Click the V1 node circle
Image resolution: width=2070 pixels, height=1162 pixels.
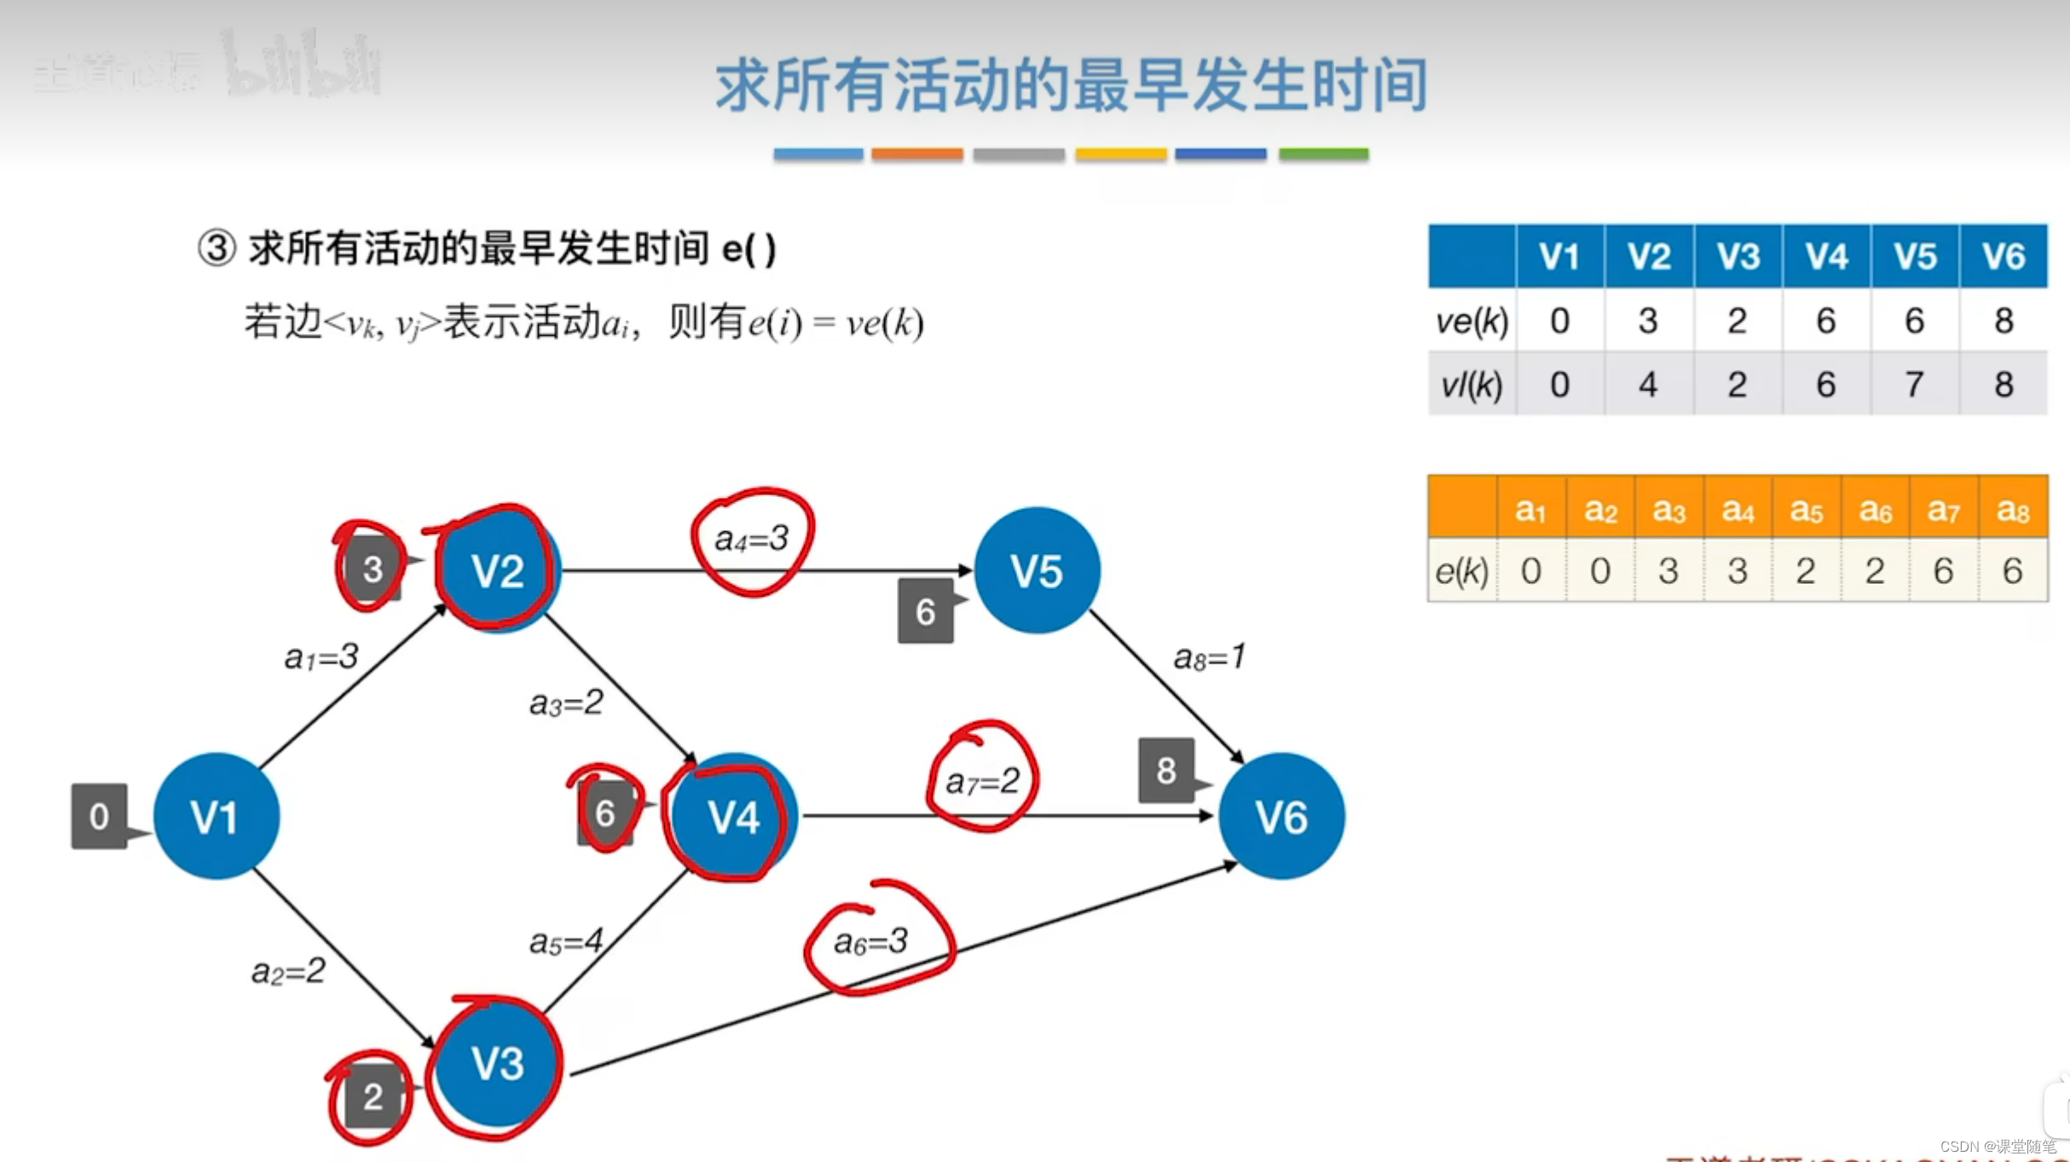point(216,816)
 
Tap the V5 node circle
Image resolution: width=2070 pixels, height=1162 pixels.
point(1037,570)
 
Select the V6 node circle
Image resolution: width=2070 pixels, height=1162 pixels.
point(1281,816)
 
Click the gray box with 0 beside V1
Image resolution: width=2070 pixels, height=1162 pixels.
point(99,816)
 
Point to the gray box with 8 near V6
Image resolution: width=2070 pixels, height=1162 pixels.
point(1165,771)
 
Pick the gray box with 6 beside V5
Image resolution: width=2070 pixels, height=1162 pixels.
point(925,610)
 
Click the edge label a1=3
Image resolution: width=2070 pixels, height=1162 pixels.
point(321,656)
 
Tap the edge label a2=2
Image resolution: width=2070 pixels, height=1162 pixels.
point(288,970)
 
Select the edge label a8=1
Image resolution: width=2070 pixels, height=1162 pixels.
point(1210,656)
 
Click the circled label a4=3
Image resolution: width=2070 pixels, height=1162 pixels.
point(751,539)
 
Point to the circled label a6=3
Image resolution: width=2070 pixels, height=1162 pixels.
point(870,941)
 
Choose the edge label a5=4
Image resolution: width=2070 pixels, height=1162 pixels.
point(566,941)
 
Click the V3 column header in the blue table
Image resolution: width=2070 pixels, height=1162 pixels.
point(1738,256)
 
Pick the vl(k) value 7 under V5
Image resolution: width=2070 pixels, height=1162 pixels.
point(1914,384)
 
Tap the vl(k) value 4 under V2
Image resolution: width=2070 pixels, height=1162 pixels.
point(1648,384)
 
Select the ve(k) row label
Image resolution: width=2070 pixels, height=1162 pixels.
point(1472,321)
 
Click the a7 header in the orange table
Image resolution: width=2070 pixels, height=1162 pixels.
point(1943,510)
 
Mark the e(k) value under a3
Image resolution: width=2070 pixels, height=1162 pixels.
point(1668,570)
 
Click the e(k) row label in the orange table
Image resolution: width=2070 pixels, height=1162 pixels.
point(1462,570)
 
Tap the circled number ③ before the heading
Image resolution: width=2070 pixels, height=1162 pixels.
point(217,249)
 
